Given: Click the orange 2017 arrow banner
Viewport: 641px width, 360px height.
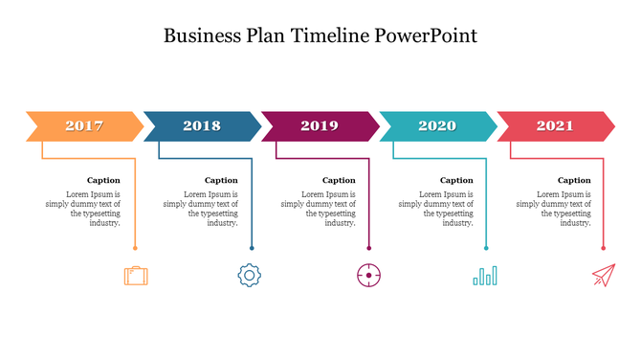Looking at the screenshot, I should click(x=84, y=125).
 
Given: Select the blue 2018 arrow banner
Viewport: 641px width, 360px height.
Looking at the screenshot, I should click(x=202, y=125).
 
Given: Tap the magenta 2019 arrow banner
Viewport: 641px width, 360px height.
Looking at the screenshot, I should click(x=320, y=125).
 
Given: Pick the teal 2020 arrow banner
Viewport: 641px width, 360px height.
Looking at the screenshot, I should click(x=437, y=125).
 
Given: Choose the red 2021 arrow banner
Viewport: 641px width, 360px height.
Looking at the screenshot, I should click(x=555, y=125).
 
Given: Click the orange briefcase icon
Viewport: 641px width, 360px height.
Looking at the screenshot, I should click(x=136, y=276).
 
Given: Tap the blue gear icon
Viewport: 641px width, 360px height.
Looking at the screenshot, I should click(x=250, y=276).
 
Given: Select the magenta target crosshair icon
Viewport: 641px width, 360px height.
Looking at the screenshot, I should click(x=369, y=276).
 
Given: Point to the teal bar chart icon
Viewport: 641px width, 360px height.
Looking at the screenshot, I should click(x=485, y=276).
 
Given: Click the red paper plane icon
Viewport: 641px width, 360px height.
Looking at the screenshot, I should click(x=603, y=276).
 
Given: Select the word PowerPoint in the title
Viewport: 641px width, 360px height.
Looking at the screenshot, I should click(x=425, y=35).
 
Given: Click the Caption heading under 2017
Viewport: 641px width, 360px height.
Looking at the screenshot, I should click(x=103, y=180).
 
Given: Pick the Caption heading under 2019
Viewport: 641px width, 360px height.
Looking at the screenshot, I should click(x=339, y=180).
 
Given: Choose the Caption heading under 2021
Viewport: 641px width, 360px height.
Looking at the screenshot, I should click(x=574, y=180).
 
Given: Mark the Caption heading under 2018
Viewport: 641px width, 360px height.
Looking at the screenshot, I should click(x=221, y=180).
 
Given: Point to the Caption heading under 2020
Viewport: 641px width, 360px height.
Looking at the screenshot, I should click(x=456, y=180).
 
